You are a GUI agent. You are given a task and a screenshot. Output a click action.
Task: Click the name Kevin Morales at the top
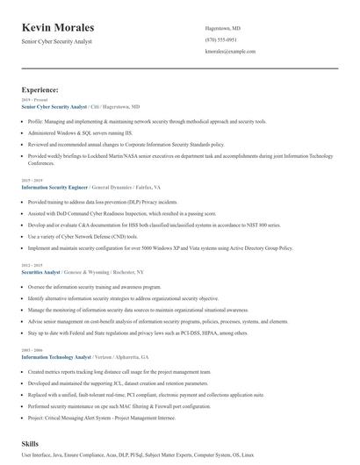(x=58, y=28)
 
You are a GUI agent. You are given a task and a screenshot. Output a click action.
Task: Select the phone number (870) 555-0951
(x=220, y=39)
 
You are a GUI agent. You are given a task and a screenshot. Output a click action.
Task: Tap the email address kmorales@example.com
(x=229, y=52)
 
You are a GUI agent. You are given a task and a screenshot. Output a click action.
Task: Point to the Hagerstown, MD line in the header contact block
(x=222, y=28)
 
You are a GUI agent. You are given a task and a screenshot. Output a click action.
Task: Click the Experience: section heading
(x=40, y=89)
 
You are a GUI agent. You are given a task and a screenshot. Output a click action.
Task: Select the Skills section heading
(x=31, y=445)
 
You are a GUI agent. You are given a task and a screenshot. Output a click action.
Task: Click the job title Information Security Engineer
(x=54, y=188)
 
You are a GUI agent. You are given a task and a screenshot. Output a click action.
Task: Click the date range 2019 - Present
(x=33, y=100)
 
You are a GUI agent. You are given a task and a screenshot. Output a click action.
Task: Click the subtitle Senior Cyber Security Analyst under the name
(x=56, y=41)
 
